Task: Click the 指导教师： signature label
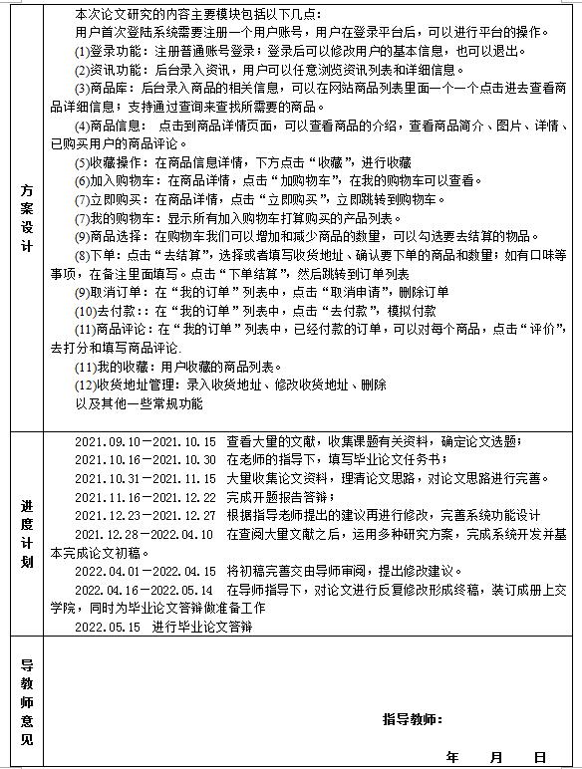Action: (x=412, y=719)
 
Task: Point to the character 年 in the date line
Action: (x=453, y=756)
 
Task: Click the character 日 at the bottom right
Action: (x=539, y=756)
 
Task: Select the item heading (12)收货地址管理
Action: (x=130, y=384)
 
